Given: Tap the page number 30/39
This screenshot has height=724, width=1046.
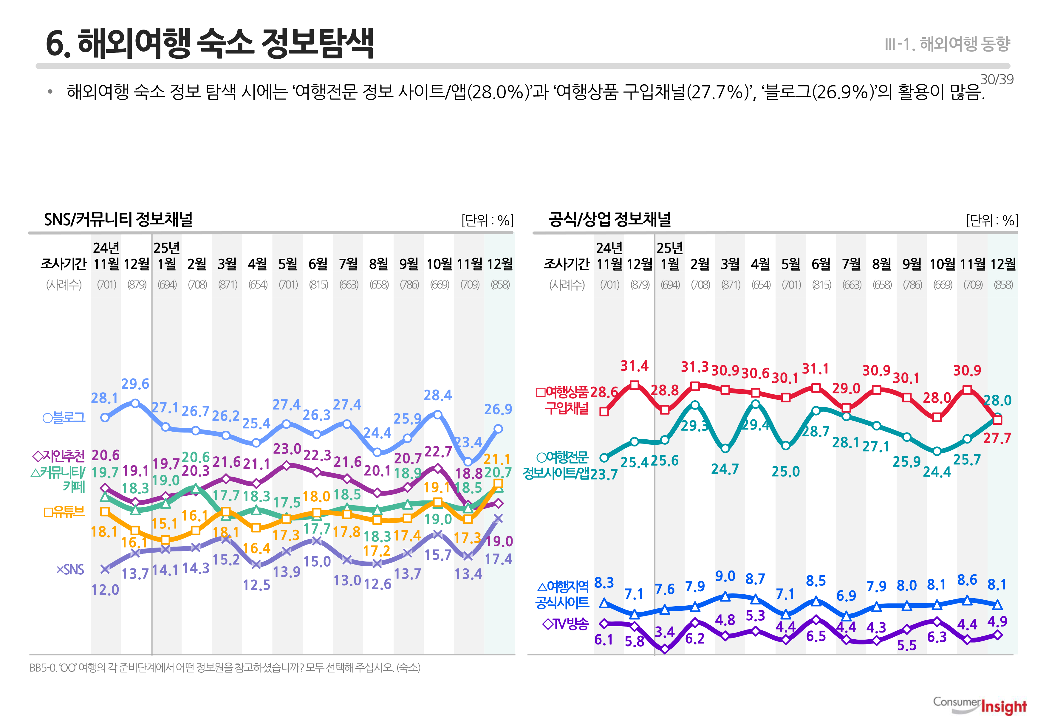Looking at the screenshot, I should pos(997,79).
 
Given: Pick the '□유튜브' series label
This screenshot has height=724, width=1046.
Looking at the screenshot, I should pos(64,512).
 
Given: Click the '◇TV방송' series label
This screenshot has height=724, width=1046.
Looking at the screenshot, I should pos(565,624).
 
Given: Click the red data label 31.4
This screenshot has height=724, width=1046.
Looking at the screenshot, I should pos(635,366).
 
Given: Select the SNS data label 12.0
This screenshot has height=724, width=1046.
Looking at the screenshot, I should pos(105,590).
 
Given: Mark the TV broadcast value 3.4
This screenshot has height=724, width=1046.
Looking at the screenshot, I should pos(664,632).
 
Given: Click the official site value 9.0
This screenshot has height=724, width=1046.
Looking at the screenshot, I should pos(725,576).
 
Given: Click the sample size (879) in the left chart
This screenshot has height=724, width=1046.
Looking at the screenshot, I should pos(137,285).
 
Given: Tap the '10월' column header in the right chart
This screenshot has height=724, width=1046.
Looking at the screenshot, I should pos(943,264).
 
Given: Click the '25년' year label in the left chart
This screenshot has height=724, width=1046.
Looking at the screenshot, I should pos(167,248).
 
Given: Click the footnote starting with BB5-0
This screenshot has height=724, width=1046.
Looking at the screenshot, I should pos(225,667).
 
